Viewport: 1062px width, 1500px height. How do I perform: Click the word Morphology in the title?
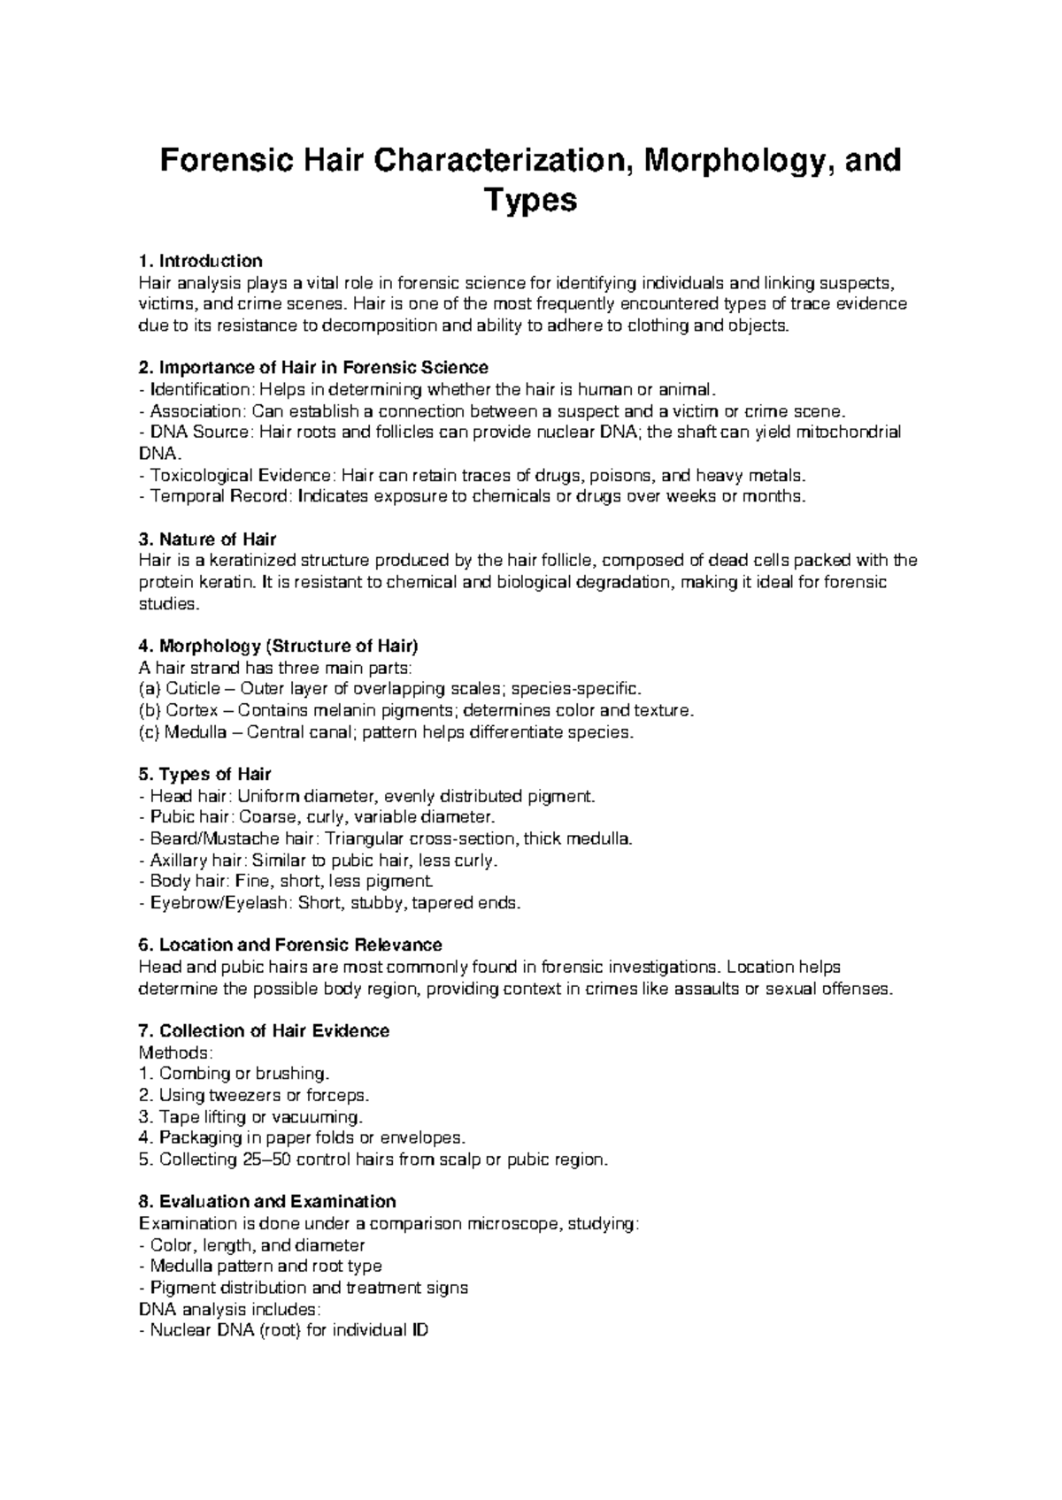coord(735,160)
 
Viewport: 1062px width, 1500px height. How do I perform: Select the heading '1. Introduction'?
coord(201,261)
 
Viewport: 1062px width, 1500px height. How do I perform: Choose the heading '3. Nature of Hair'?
coord(208,540)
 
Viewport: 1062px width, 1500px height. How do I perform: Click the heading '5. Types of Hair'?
coord(205,775)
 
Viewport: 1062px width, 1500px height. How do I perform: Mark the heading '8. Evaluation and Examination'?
coord(267,1202)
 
